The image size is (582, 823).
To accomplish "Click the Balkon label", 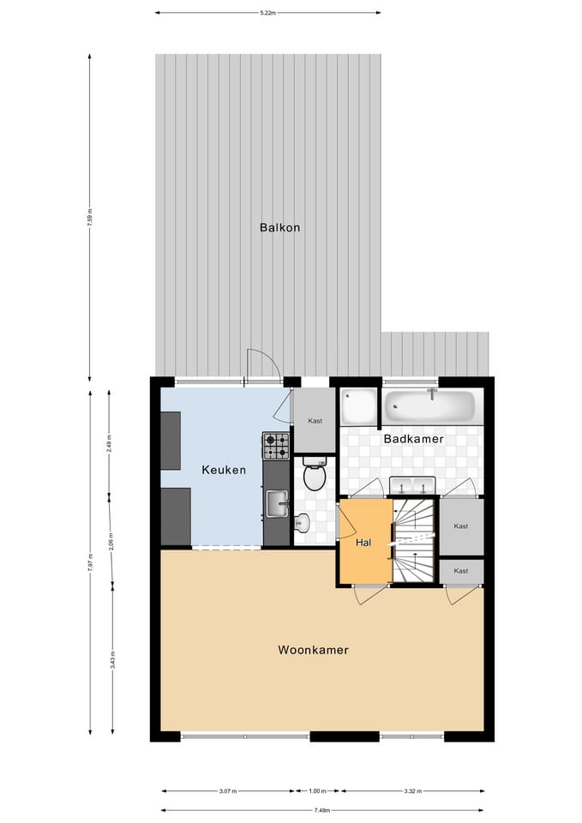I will coord(280,227).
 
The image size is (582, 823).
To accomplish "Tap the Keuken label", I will coord(224,470).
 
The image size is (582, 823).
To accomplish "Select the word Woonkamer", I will coord(313,650).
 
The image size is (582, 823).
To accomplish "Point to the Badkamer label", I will coord(413,438).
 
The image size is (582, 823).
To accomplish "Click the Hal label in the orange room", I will coord(364,542).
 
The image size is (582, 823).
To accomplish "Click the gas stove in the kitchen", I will coord(276,445).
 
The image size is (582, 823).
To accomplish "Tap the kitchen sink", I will coord(276,503).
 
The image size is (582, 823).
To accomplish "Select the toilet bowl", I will coord(315,475).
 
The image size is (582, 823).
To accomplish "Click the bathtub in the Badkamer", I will coord(429,405).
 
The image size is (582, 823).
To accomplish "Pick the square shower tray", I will coord(358,407).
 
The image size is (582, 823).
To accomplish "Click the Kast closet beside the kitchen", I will coord(314,420).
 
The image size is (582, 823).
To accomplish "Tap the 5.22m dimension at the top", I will coord(268,13).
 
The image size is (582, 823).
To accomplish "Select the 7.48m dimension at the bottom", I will coord(322,810).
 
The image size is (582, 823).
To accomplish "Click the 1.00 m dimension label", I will coord(317,791).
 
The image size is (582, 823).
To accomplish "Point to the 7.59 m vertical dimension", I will coord(90,218).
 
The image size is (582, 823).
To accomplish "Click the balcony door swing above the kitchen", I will coord(263,365).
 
